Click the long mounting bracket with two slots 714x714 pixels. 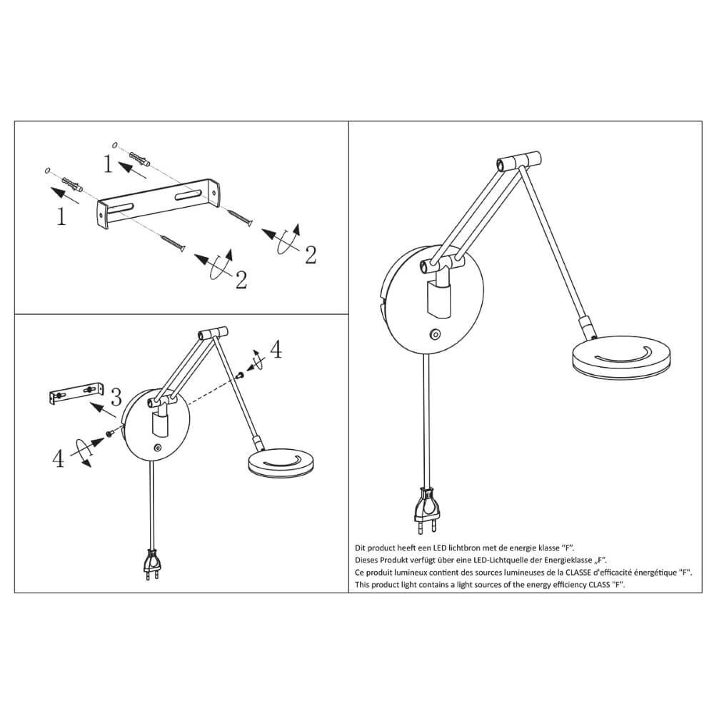161,203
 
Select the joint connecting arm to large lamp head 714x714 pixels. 588,329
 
